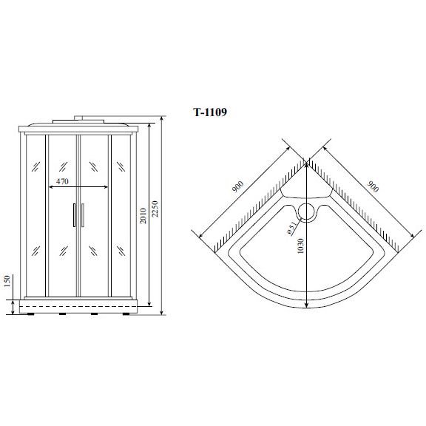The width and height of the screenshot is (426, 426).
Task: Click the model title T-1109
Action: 210,112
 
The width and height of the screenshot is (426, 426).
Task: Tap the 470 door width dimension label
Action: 62,181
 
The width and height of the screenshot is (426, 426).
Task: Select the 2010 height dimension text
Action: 143,216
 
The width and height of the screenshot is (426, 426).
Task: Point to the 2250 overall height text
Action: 155,209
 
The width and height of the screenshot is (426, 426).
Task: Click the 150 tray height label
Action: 7,281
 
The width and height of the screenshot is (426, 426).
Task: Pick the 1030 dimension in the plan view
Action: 300,246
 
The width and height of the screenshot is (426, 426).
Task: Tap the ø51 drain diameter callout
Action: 291,229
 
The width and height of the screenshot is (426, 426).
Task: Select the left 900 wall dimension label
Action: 237,187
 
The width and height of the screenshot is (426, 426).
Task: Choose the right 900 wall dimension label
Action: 373,186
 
